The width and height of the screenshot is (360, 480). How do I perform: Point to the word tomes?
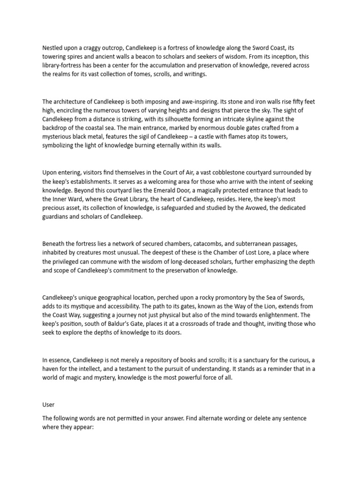coord(137,74)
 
